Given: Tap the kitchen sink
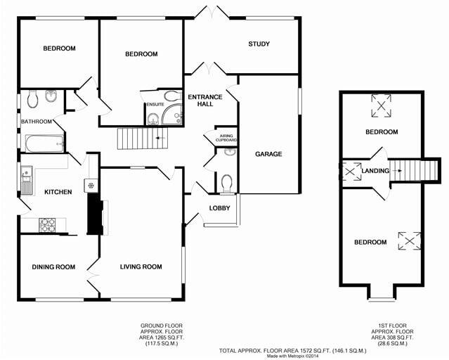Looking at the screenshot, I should pos(27,180).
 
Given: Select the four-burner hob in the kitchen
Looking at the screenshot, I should pos(47,225).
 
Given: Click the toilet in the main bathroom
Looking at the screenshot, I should pos(32,101).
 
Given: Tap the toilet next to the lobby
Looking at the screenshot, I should pos(226,184).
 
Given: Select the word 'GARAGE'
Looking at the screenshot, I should pos(268,154).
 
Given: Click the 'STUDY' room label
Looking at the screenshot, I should pos(259,44).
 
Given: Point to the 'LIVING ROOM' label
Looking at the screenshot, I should pos(141,266).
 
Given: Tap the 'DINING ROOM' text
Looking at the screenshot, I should pos(53,266).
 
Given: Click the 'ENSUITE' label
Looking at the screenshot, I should pos(155,105).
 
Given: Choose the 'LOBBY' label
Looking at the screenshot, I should pos(219,208).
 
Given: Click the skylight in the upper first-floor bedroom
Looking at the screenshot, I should pos(382,107).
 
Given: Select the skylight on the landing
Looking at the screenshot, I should pos(349,172).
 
